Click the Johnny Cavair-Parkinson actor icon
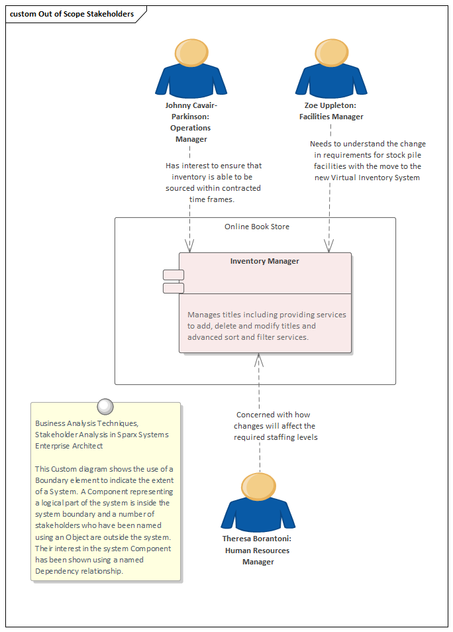click(191, 70)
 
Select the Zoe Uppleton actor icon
click(331, 70)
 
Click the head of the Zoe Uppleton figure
click(331, 52)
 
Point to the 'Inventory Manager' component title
click(264, 261)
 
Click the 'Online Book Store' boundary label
click(256, 227)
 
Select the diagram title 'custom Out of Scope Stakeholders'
click(72, 14)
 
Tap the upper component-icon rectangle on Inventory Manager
click(174, 274)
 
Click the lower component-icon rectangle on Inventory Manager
click(174, 288)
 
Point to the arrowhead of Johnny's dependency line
click(190, 246)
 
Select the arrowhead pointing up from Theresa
click(260, 360)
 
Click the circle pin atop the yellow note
click(105, 405)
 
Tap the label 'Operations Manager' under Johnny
click(191, 133)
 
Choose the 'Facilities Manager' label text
click(331, 117)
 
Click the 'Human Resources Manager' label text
click(258, 556)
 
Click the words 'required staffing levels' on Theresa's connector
click(276, 437)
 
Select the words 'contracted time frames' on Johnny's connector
click(213, 193)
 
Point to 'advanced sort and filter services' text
click(248, 337)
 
